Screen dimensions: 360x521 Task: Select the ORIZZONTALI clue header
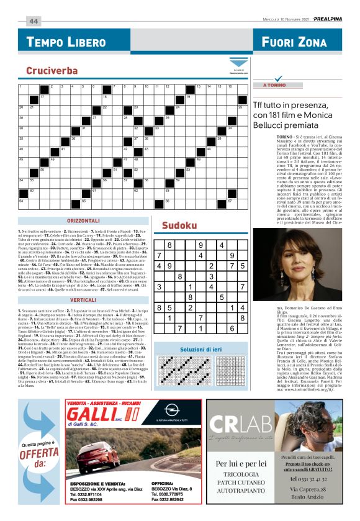(83, 220)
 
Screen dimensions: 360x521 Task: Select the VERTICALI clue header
(83, 299)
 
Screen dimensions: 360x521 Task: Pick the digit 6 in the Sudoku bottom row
(232, 328)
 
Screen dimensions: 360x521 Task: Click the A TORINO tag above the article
(276, 84)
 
